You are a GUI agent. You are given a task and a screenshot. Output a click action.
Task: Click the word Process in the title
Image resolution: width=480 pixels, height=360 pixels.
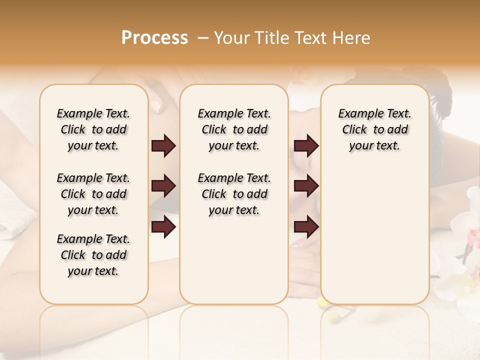point(154,38)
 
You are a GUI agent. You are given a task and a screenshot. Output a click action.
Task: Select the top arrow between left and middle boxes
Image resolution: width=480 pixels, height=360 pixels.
point(163,146)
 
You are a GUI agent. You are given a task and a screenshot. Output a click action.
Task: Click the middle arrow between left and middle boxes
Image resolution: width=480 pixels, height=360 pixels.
point(163,186)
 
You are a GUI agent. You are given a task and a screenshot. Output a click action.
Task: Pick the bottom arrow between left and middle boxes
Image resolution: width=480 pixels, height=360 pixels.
point(163,227)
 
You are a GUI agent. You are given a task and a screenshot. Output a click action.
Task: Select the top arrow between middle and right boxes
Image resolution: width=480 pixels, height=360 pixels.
point(306,146)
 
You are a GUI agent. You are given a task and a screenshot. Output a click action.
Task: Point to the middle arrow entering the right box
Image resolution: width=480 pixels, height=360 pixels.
point(306,186)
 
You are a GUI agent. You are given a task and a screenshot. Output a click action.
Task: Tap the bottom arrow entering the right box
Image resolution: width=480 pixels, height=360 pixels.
point(306,227)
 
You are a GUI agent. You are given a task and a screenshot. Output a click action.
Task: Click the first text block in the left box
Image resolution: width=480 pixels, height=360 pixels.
point(93,129)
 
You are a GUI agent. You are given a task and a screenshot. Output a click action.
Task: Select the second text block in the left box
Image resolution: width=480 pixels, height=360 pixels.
point(93,194)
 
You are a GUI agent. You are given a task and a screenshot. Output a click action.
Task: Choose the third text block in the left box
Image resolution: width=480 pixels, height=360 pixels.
point(93,255)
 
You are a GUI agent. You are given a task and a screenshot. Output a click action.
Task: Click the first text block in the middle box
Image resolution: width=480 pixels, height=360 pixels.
point(234,129)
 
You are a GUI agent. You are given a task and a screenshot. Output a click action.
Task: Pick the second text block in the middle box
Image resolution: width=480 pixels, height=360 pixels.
point(234,194)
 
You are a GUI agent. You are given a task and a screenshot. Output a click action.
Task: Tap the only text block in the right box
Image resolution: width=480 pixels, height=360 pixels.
point(374,129)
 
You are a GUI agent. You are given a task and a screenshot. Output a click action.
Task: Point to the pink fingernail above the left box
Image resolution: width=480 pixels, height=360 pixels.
point(155,105)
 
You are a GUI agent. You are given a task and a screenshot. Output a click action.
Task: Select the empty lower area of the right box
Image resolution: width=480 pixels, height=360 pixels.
point(374,230)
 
